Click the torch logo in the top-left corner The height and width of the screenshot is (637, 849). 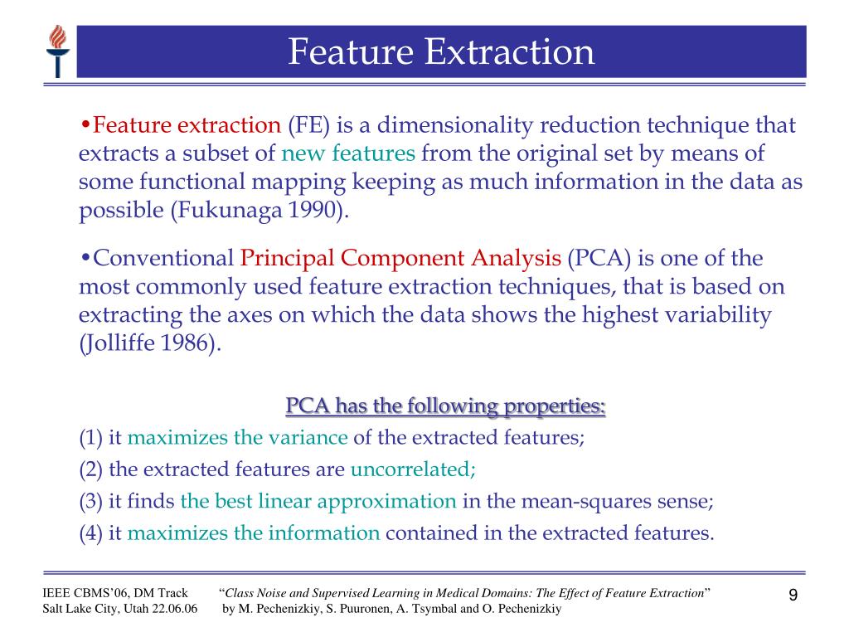[57, 51]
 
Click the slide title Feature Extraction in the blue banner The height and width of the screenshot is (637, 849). [441, 51]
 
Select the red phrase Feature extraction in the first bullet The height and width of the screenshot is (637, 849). [187, 126]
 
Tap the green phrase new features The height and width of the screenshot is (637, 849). [348, 154]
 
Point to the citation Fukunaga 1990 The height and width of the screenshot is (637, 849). [256, 211]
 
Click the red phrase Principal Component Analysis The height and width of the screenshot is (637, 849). [400, 259]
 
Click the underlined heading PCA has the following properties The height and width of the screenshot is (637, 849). [445, 406]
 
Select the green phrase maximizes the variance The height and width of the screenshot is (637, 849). [238, 438]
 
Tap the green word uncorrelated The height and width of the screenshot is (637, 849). [413, 469]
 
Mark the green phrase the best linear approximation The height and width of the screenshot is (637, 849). [318, 501]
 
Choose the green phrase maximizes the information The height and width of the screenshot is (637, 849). [254, 532]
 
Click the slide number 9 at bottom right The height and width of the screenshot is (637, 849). [793, 596]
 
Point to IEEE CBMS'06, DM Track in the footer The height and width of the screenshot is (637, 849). [115, 592]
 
